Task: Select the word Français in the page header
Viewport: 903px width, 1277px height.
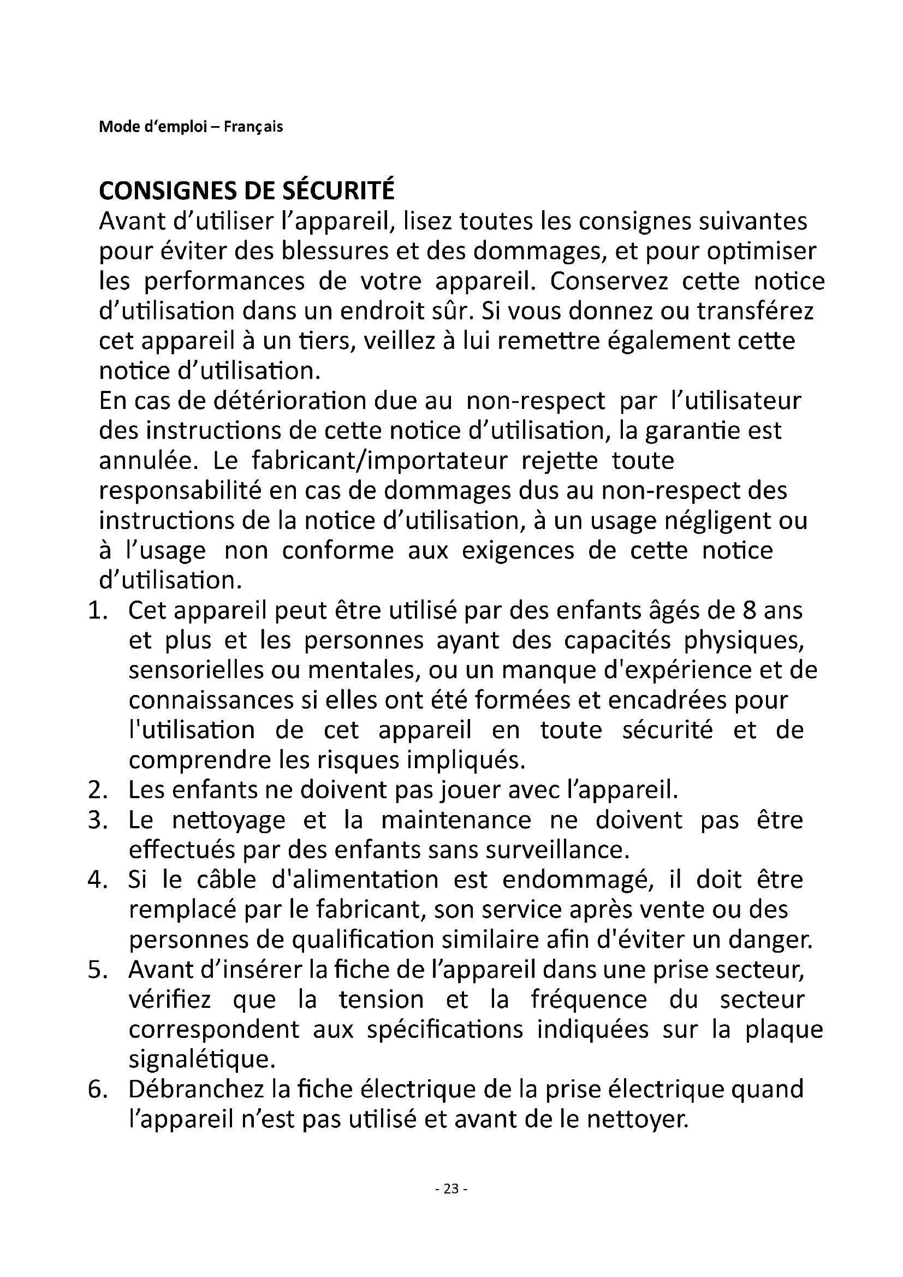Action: pyautogui.click(x=253, y=127)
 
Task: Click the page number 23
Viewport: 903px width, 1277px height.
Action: pyautogui.click(x=451, y=1189)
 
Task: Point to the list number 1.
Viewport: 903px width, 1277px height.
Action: pyautogui.click(x=95, y=611)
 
